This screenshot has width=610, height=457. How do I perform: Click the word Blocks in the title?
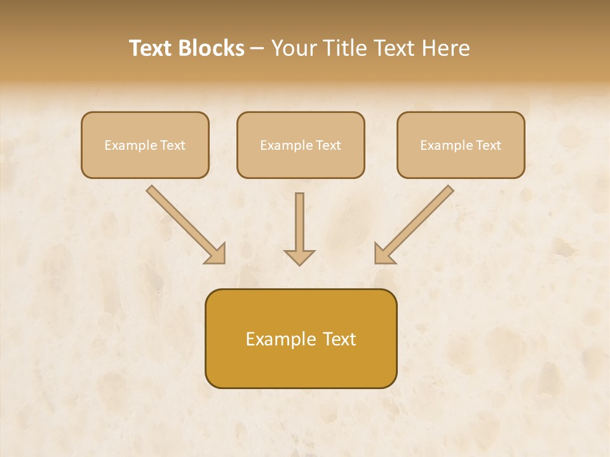pos(213,48)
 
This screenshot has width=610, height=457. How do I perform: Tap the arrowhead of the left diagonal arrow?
pos(216,254)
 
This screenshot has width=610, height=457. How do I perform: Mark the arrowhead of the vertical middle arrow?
pos(299,257)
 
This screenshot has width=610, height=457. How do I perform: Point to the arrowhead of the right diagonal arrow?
pos(384,254)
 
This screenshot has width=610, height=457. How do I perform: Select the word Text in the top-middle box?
pos(328,145)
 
